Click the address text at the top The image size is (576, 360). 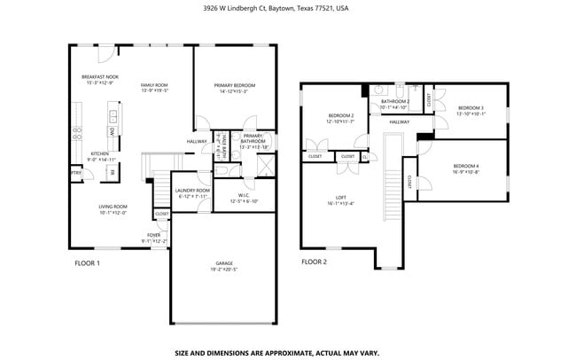point(288,8)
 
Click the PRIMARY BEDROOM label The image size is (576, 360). point(230,85)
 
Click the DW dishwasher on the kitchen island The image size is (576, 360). point(113,130)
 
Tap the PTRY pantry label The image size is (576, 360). point(75,172)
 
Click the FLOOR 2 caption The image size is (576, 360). point(314,262)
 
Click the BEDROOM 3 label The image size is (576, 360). point(471,110)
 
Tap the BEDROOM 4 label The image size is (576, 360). point(465,167)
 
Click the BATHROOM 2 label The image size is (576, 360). point(394,102)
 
